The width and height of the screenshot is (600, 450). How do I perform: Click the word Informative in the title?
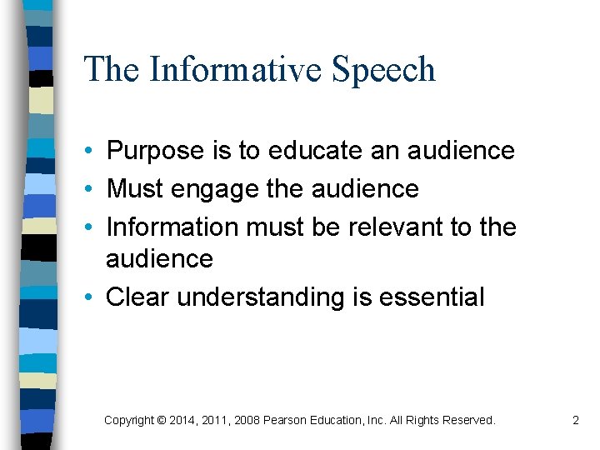235,69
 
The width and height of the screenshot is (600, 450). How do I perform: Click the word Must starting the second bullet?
134,189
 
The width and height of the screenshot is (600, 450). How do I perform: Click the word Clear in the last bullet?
137,297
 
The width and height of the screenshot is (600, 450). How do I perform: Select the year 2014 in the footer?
182,421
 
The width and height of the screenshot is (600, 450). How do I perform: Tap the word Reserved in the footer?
467,421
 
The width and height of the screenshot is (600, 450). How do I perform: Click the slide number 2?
575,421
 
